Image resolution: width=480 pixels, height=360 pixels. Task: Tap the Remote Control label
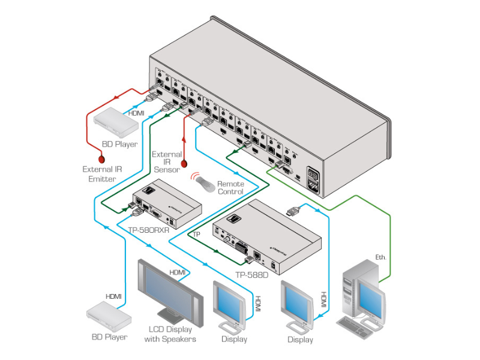coord(230,188)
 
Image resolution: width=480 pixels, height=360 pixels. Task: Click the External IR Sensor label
coord(166,162)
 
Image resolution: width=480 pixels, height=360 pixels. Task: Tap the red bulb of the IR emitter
coord(103,159)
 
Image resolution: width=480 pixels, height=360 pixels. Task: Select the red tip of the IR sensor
coord(184,164)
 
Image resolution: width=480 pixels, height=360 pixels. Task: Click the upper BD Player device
coord(116,122)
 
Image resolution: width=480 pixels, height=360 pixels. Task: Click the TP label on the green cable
coord(196,234)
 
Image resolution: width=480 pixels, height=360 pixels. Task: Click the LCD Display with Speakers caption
coord(170,334)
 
